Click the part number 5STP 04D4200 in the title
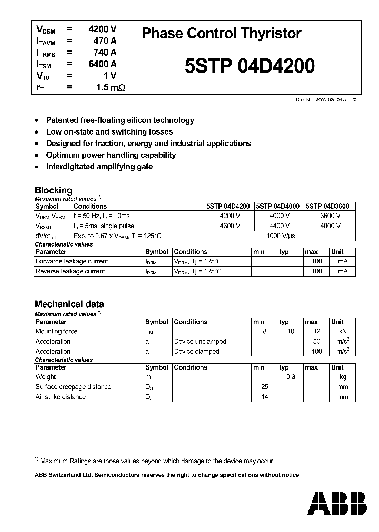(x=250, y=66)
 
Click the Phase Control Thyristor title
(x=222, y=34)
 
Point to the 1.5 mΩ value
(x=111, y=87)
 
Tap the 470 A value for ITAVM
(x=106, y=40)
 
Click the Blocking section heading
(x=53, y=190)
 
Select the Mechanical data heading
(x=69, y=304)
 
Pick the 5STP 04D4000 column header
(x=278, y=207)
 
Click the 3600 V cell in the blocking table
(x=330, y=216)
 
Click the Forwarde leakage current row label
(x=72, y=261)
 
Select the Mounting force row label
(x=56, y=331)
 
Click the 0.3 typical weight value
(x=290, y=377)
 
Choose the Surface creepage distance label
(x=73, y=387)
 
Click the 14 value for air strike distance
(x=265, y=397)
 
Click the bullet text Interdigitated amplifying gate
(x=99, y=167)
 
